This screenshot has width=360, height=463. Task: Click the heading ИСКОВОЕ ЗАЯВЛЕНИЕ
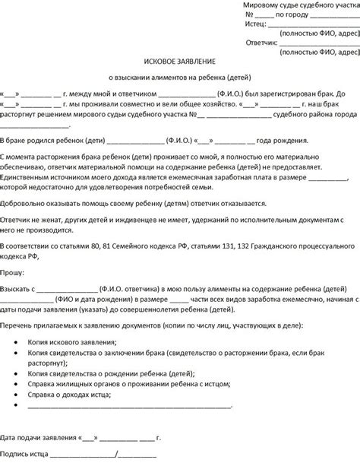[x=180, y=60]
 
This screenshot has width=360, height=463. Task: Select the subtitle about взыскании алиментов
[x=180, y=77]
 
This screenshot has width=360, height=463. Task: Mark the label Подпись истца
[x=26, y=455]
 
